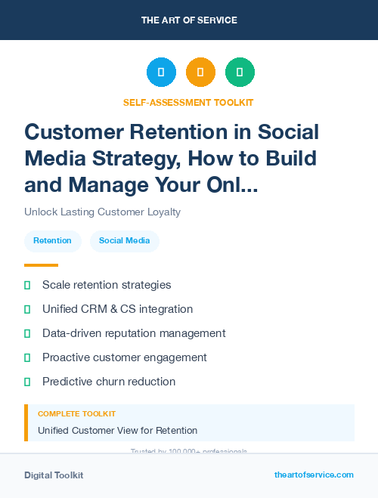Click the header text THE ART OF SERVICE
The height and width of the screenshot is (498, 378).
click(189, 20)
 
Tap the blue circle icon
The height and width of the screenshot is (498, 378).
click(161, 73)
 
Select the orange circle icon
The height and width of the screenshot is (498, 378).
click(200, 73)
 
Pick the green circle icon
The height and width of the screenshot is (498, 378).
click(240, 73)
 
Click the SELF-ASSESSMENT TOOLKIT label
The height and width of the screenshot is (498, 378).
click(188, 102)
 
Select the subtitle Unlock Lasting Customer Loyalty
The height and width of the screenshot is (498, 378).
click(102, 212)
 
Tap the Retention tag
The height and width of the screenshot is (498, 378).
click(53, 240)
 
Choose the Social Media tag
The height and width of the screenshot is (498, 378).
click(124, 240)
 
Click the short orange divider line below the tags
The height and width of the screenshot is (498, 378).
click(41, 265)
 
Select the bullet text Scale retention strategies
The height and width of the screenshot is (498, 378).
click(107, 285)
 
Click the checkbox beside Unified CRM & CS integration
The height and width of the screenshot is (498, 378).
click(27, 309)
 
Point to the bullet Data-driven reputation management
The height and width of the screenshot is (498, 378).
click(134, 333)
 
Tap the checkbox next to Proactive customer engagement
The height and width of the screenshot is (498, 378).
click(27, 357)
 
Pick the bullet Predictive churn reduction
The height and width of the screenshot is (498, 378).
click(109, 382)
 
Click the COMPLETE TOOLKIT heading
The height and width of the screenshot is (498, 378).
click(76, 414)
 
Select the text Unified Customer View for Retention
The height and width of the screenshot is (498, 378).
click(117, 430)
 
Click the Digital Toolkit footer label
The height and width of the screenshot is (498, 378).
click(54, 475)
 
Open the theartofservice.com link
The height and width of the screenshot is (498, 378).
click(314, 475)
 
